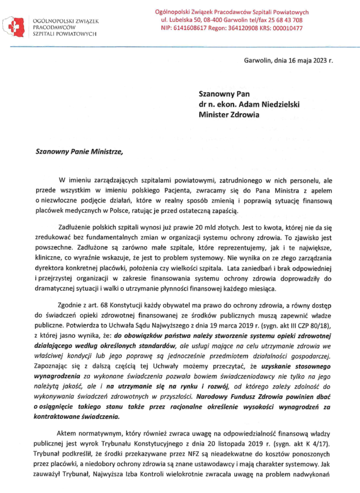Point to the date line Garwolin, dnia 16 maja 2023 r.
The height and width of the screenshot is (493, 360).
click(x=288, y=61)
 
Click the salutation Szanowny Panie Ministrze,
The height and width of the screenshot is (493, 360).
click(x=80, y=153)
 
